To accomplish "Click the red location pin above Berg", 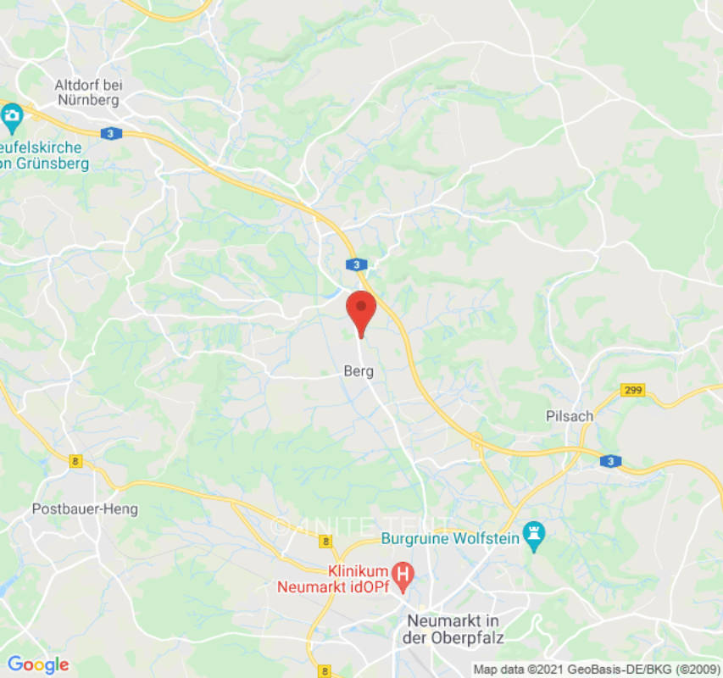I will click(x=362, y=310).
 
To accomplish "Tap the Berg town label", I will click(x=359, y=371).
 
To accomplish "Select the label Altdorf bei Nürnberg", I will click(x=88, y=92).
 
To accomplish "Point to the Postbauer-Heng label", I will click(x=85, y=509).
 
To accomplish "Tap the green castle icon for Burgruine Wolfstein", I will click(x=535, y=535).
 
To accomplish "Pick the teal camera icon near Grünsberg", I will click(x=12, y=119).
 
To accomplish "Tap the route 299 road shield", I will click(x=632, y=390).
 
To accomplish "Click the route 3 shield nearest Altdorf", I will click(x=110, y=133).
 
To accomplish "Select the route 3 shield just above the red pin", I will click(x=359, y=264).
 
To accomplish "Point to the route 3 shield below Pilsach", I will click(x=610, y=461).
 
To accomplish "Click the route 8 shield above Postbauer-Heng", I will click(x=76, y=460).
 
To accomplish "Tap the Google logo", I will click(x=37, y=664).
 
